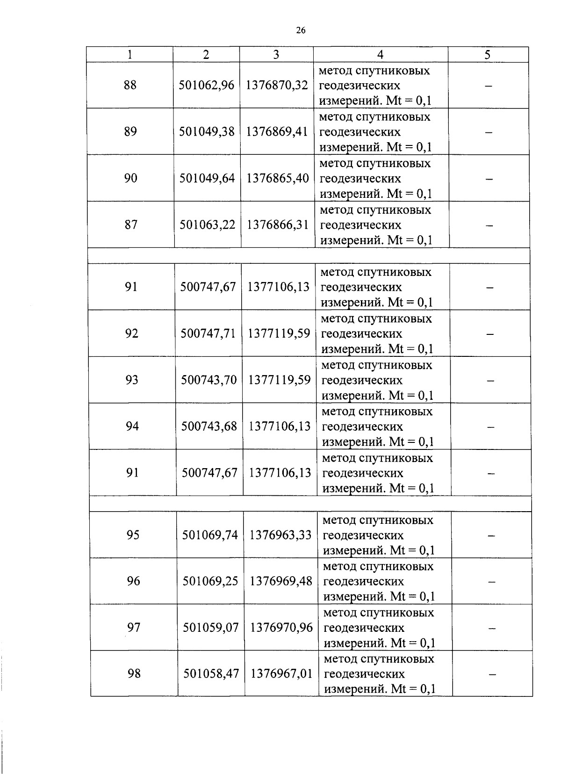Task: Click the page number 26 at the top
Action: coord(301,31)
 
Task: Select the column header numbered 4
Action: coord(380,55)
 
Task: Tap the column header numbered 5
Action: coord(487,55)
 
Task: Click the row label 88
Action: coord(130,85)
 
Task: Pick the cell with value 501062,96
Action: coord(207,85)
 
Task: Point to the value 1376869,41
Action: coord(277,131)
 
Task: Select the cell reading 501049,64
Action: coord(207,178)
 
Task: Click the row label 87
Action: coord(131,225)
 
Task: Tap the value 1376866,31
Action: coord(278,225)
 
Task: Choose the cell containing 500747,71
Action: coord(209,333)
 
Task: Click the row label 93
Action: coord(132,380)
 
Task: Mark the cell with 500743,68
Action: coord(209,427)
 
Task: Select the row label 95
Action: coord(133,535)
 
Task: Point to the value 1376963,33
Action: coord(280,535)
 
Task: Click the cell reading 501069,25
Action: coord(210,581)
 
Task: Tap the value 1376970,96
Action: coord(281,628)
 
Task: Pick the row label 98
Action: coord(134,674)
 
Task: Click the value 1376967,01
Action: coord(281,674)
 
